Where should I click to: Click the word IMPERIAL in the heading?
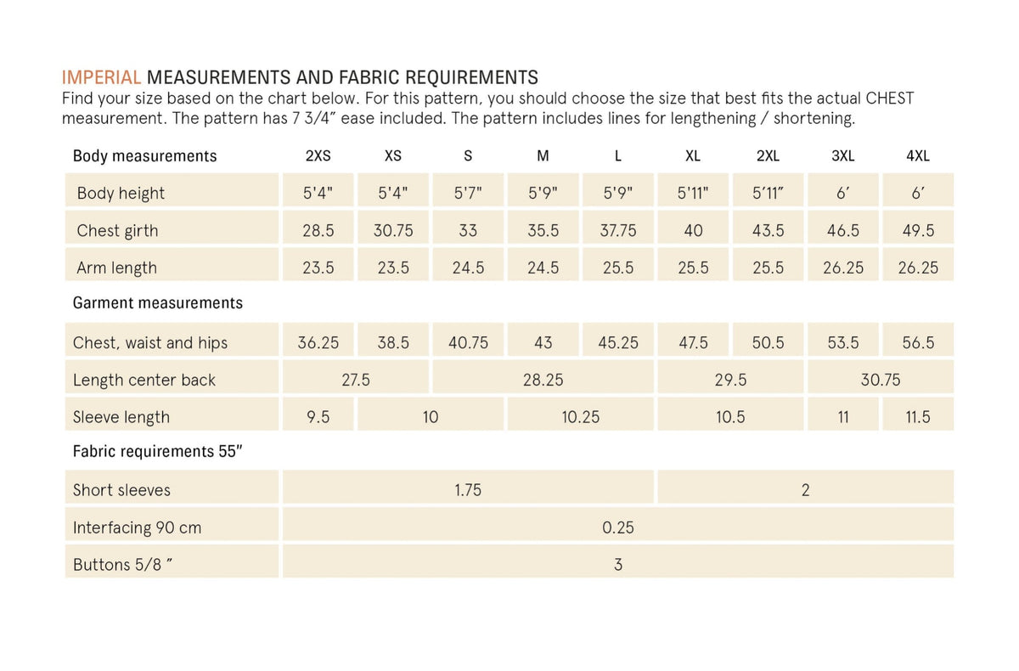pos(102,78)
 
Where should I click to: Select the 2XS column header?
pos(318,156)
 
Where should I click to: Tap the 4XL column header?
pos(918,156)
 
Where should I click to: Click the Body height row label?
pos(121,193)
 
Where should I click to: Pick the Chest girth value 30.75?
pos(393,230)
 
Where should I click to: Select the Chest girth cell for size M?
pos(543,230)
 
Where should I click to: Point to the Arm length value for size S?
pos(468,268)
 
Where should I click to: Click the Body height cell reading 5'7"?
pos(468,193)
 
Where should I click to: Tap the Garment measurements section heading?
pos(158,303)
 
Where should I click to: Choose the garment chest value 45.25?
pos(618,342)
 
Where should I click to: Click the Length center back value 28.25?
pos(543,380)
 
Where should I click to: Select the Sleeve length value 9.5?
pos(318,417)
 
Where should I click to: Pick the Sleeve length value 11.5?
pos(918,417)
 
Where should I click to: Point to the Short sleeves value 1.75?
pos(468,490)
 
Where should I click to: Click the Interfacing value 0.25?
pos(618,527)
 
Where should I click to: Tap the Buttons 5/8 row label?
pos(123,565)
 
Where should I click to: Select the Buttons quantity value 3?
pos(618,565)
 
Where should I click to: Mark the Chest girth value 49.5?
pos(918,230)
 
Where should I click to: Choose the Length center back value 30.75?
pos(881,380)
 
